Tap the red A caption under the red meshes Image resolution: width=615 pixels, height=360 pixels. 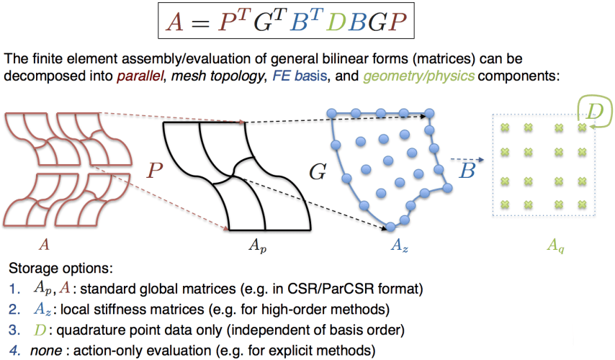click(x=45, y=246)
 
